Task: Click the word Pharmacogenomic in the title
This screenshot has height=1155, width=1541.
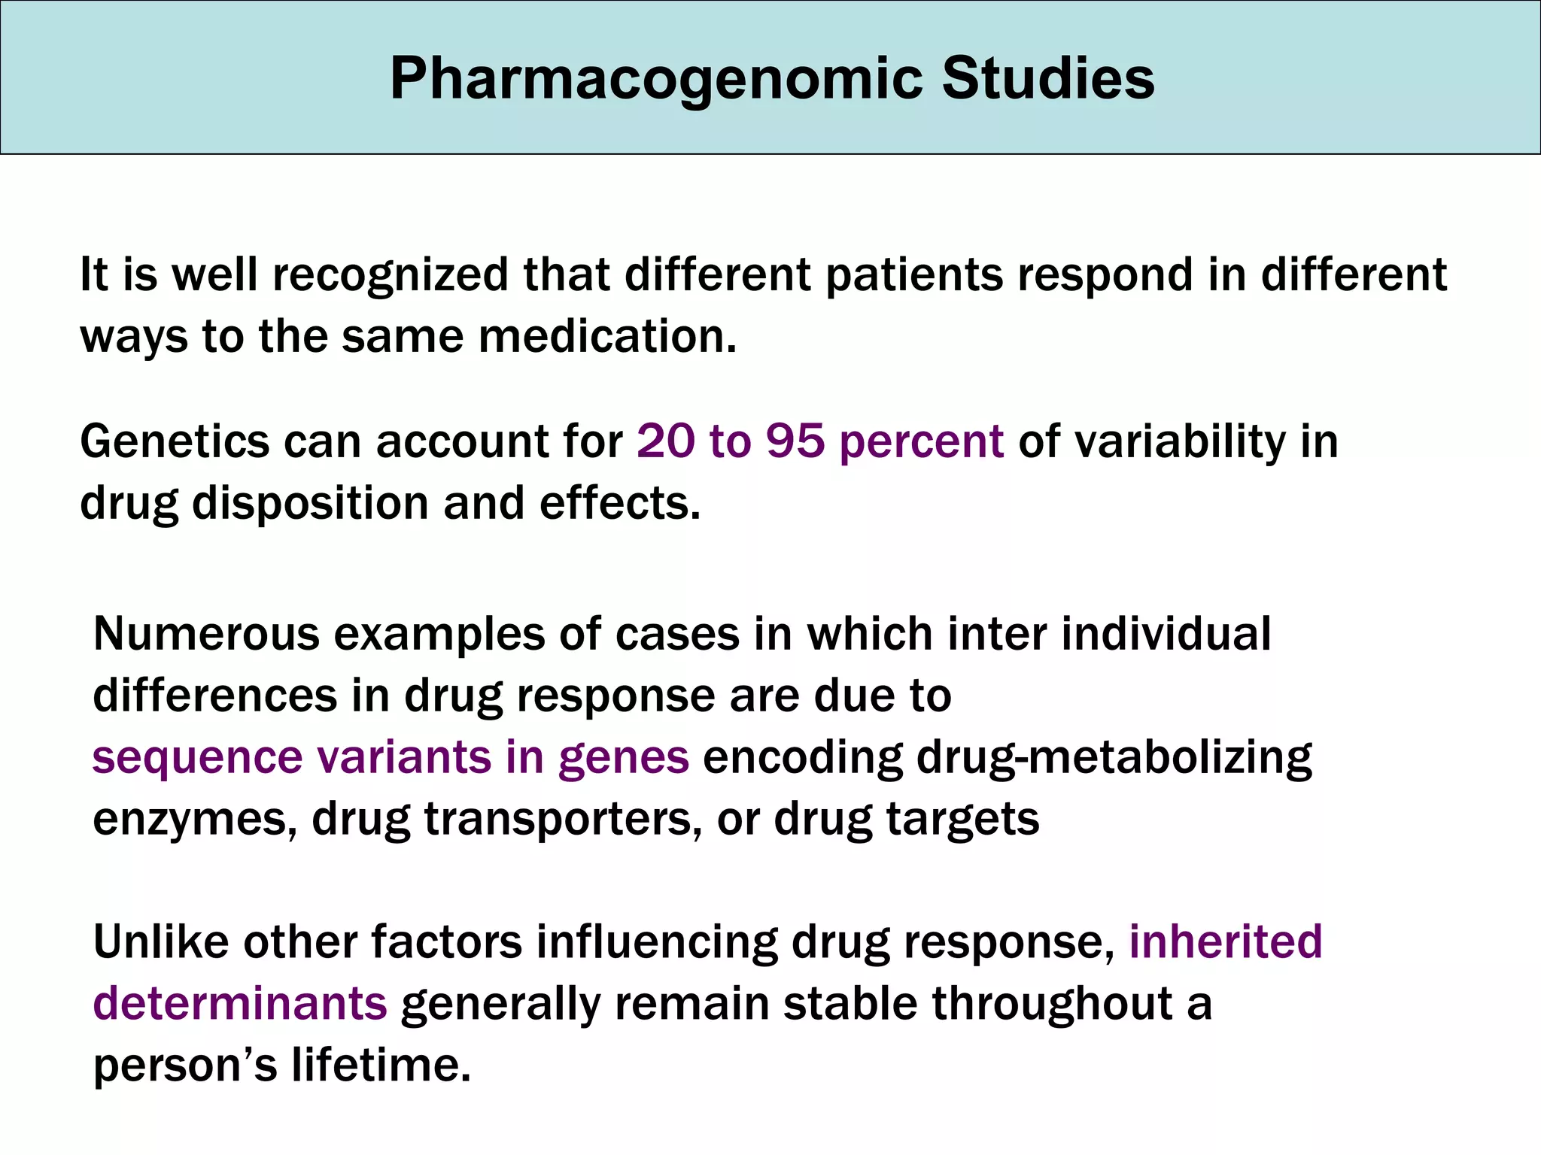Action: pyautogui.click(x=655, y=79)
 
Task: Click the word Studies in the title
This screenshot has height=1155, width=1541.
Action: pyautogui.click(x=1047, y=79)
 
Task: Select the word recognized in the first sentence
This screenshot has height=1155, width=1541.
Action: pyautogui.click(x=391, y=275)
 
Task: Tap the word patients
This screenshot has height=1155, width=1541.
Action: pyautogui.click(x=914, y=275)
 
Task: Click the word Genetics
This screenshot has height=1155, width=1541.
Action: pyautogui.click(x=175, y=441)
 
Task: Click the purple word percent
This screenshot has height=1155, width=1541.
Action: pyautogui.click(x=921, y=441)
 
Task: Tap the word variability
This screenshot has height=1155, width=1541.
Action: pyautogui.click(x=1181, y=441)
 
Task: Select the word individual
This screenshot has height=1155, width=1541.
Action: pyautogui.click(x=1166, y=634)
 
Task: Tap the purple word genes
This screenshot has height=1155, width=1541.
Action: pyautogui.click(x=623, y=758)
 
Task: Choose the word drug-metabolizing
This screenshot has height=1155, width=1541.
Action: pyautogui.click(x=1114, y=758)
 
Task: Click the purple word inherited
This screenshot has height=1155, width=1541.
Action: pyautogui.click(x=1225, y=941)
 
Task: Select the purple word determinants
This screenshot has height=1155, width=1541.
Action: pyautogui.click(x=240, y=1004)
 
